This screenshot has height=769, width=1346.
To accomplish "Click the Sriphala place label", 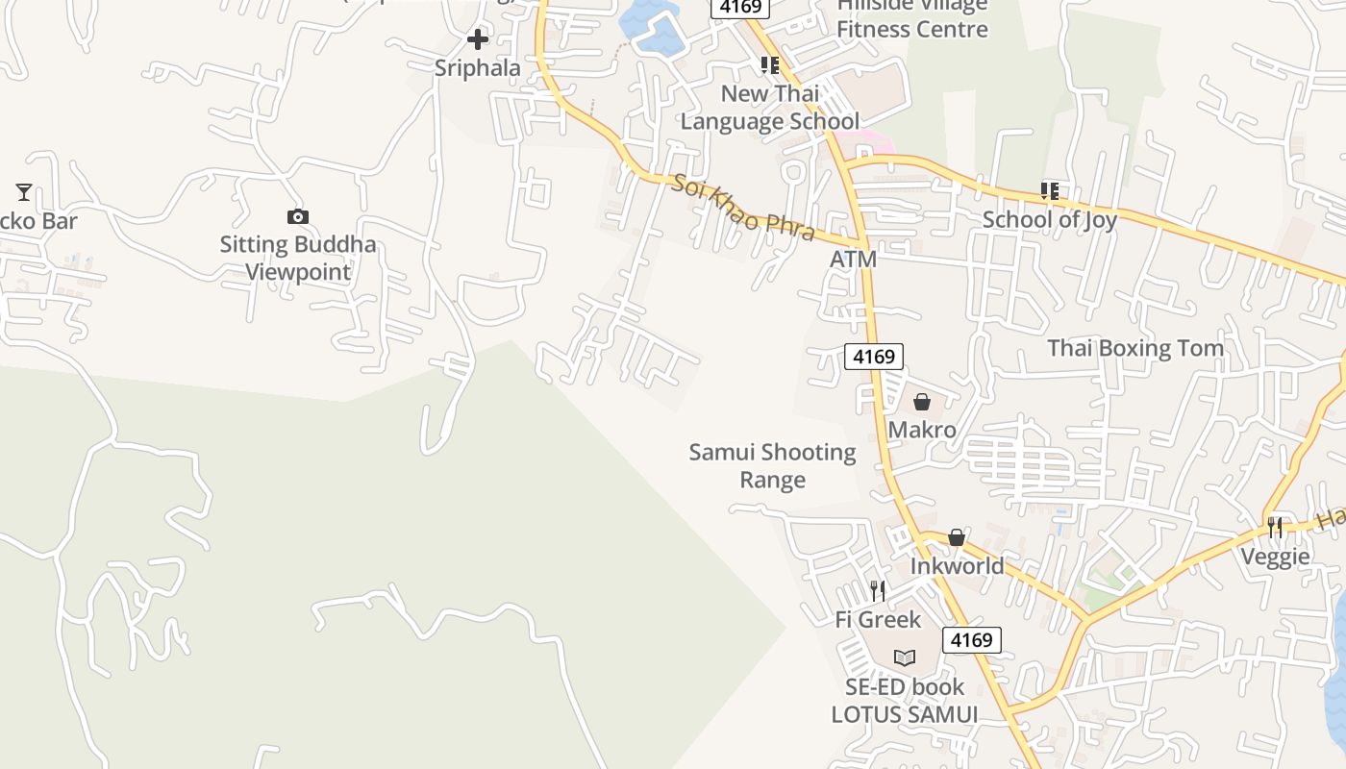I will point(477,68).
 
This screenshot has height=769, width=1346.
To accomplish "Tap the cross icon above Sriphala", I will point(477,39).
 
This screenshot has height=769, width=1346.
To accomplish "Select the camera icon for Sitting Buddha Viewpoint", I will point(298,217).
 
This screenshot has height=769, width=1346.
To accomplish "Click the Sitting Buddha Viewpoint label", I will point(298,258).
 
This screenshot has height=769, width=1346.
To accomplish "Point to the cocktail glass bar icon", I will point(24,192).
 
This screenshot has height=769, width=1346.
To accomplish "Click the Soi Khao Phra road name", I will point(743,209).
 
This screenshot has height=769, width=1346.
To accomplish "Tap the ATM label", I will point(854,260).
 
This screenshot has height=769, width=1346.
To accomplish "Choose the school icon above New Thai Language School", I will point(769,65).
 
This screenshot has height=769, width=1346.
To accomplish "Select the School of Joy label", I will point(1049,220).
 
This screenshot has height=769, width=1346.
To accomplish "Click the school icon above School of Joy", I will point(1049,191).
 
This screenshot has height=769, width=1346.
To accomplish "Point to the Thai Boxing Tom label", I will point(1135,348).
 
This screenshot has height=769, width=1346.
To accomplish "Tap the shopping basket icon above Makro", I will point(922,402).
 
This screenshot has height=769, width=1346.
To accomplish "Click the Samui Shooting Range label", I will point(772,465).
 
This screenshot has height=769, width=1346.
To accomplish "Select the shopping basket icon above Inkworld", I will point(957,537).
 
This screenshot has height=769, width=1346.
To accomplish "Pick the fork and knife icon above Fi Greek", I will point(878,590).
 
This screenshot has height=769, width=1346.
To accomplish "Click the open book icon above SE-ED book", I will point(904,658).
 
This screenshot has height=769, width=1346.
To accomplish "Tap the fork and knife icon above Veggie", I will point(1275,528).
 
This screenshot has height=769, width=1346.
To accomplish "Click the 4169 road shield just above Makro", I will point(874,357).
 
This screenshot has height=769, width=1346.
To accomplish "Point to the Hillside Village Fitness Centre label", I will point(911,17).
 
